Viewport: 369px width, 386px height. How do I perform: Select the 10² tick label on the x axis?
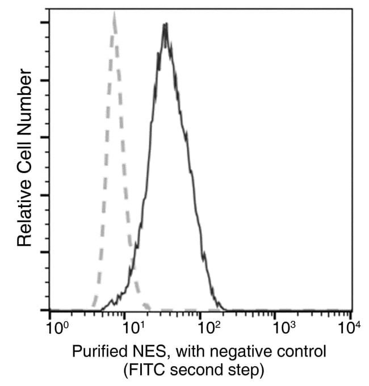[x=208, y=328]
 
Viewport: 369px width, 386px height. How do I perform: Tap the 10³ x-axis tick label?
[x=284, y=328]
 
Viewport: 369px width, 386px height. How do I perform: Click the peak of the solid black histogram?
[x=165, y=25]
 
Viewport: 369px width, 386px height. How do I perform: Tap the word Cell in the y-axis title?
[x=24, y=154]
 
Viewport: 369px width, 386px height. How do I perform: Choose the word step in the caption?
[x=248, y=371]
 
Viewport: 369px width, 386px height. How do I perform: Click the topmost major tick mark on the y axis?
[x=45, y=23]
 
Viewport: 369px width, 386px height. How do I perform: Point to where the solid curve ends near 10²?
[x=225, y=309]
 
